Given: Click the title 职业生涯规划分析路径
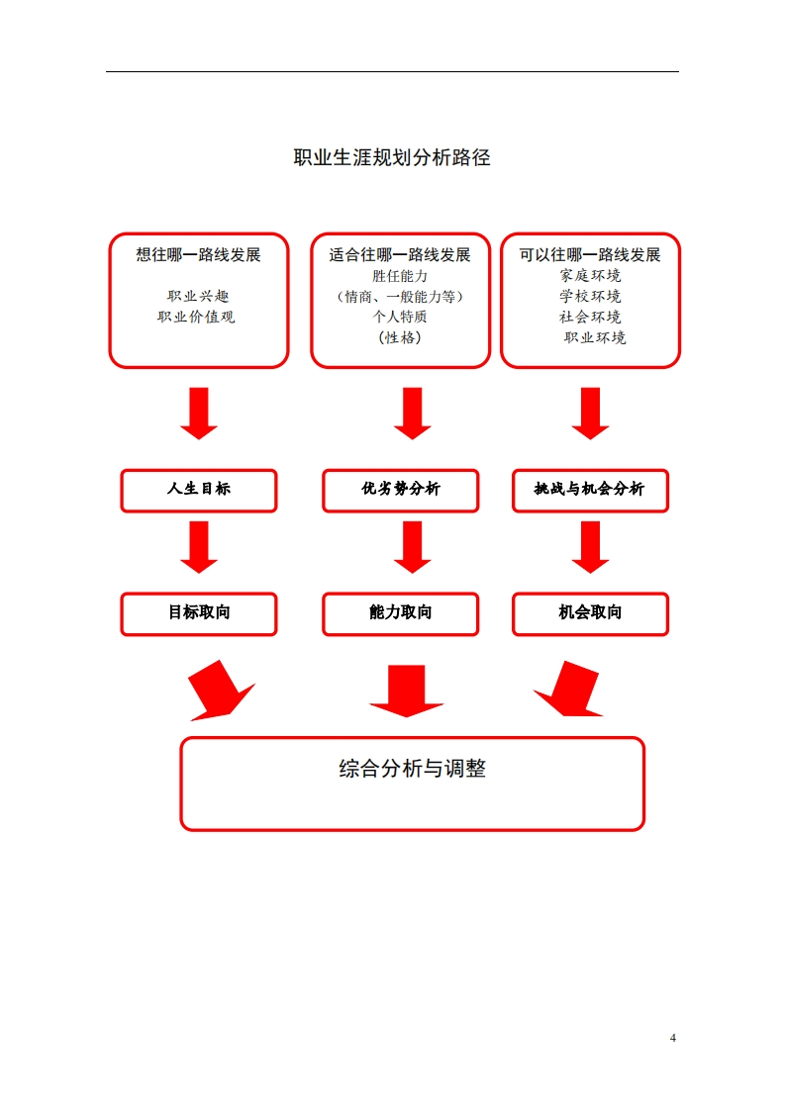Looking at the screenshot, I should point(392,157).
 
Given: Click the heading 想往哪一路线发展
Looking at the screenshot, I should point(198,255).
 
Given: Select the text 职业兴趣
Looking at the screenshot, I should point(198,296).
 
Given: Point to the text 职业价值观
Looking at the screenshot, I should point(198,318).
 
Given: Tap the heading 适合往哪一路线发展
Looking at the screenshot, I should point(400,255).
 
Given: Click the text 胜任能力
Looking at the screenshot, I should point(400,276).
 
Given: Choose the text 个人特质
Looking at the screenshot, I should point(400,318).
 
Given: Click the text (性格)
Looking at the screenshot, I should point(400,338).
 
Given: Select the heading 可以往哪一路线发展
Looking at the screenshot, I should point(590,255).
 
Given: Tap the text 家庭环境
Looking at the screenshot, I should point(590,276).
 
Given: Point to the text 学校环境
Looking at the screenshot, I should point(590,296).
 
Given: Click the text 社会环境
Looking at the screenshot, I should point(590,318).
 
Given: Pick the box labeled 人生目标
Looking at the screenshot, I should point(199,490).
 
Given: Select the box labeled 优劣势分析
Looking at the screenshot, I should point(400,490).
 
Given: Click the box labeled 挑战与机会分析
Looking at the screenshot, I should point(590,490).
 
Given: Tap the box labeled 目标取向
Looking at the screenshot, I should point(199,613).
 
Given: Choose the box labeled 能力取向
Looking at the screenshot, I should point(400,613).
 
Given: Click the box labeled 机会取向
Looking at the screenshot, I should point(590,613).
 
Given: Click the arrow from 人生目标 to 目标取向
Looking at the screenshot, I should point(199,547).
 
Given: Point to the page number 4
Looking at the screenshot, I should point(673,1038).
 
